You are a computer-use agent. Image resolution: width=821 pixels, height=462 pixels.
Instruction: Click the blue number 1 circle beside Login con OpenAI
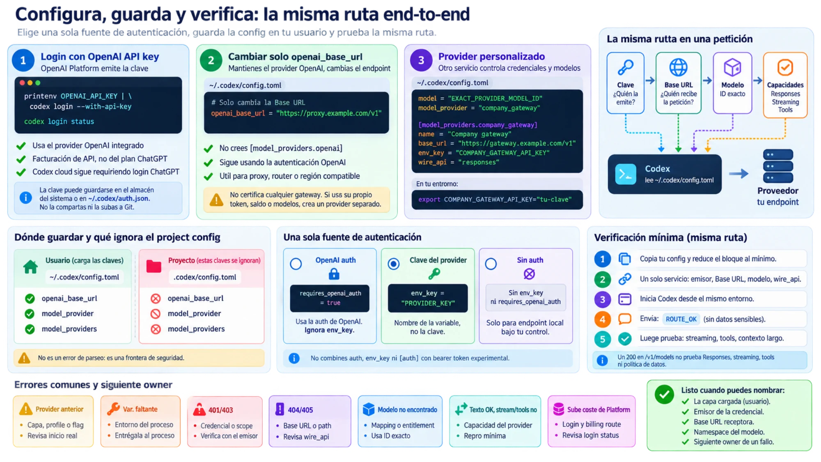click(x=23, y=60)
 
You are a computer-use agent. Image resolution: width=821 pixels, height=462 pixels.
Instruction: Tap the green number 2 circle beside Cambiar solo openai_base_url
click(x=211, y=60)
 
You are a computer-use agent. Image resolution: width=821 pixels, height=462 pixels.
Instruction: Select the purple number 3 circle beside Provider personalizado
click(x=421, y=60)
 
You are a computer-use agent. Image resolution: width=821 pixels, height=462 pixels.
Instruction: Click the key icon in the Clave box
click(x=626, y=67)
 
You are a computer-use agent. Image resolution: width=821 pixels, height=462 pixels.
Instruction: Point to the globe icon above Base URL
click(x=678, y=67)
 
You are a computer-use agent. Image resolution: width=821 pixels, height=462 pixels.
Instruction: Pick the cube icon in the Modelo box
click(x=732, y=67)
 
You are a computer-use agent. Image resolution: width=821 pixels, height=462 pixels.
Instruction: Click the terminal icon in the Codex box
click(x=626, y=174)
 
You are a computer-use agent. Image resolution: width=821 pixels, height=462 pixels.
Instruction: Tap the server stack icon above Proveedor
click(x=778, y=166)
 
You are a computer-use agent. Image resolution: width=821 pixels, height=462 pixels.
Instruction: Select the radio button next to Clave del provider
click(x=394, y=264)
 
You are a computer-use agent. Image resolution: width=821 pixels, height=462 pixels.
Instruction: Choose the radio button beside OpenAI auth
click(x=296, y=264)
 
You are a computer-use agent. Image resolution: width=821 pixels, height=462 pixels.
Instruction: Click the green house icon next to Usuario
click(x=30, y=267)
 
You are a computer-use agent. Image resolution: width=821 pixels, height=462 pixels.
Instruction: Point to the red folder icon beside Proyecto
click(x=154, y=266)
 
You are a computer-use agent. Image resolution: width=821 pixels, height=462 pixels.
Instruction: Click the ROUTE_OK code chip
click(x=681, y=319)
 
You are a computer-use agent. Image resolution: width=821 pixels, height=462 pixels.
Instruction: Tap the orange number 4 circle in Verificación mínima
click(x=603, y=319)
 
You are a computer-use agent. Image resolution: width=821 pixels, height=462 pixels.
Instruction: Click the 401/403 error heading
click(x=220, y=410)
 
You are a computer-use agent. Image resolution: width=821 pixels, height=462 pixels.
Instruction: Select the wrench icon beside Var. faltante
click(x=113, y=409)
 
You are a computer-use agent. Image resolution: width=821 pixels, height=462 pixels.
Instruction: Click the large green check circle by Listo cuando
click(x=664, y=395)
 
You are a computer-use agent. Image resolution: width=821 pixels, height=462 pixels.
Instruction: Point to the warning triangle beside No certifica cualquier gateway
click(x=216, y=200)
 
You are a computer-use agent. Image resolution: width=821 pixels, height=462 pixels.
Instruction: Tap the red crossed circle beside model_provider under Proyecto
click(x=156, y=314)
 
